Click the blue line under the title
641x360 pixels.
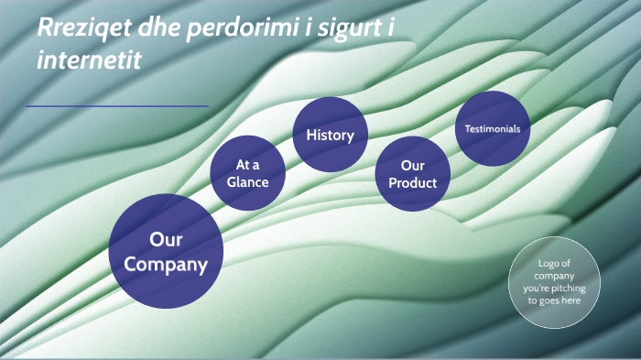click(x=117, y=106)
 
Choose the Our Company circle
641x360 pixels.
click(x=166, y=250)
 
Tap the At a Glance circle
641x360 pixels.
click(x=248, y=172)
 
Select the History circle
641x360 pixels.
click(x=330, y=136)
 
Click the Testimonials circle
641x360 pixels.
click(x=493, y=128)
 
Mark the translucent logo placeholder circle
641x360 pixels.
click(x=554, y=281)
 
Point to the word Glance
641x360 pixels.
click(x=248, y=181)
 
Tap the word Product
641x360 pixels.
click(x=412, y=183)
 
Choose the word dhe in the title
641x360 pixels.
click(x=158, y=28)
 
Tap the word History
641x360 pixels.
click(x=330, y=136)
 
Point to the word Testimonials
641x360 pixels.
click(x=493, y=129)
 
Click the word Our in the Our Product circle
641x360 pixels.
click(x=412, y=166)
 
